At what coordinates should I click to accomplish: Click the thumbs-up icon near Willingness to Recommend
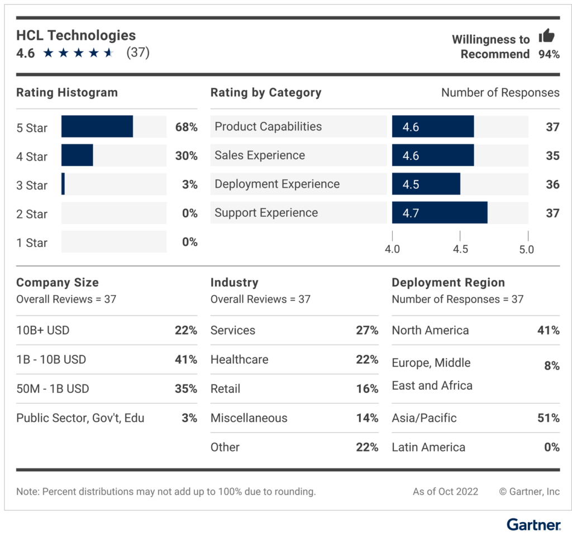pos(546,37)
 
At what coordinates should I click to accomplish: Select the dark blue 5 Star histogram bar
pos(97,127)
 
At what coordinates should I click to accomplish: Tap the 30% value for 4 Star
pos(186,156)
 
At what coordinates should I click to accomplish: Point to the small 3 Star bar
pos(63,184)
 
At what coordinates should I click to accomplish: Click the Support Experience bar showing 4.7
pos(439,213)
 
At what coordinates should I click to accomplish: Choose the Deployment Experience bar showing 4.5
pos(426,184)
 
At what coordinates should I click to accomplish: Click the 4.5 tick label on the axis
pos(460,249)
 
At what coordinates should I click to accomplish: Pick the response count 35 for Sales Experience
pos(552,155)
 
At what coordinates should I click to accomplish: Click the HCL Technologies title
pos(76,35)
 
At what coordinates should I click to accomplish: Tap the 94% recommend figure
pos(549,54)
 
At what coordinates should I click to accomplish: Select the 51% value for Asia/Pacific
pos(548,418)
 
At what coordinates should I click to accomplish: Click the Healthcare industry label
pos(239,359)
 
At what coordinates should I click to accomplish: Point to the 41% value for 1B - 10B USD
pos(186,359)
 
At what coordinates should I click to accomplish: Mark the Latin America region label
pos(428,447)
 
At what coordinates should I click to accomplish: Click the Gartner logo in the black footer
pos(533,525)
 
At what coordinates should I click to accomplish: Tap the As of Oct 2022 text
pos(445,492)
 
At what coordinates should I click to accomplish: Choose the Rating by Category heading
pos(266,93)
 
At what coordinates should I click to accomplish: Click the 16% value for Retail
pos(367,389)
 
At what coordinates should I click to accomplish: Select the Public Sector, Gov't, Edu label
pos(80,418)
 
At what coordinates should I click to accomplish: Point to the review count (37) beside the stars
pos(138,53)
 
